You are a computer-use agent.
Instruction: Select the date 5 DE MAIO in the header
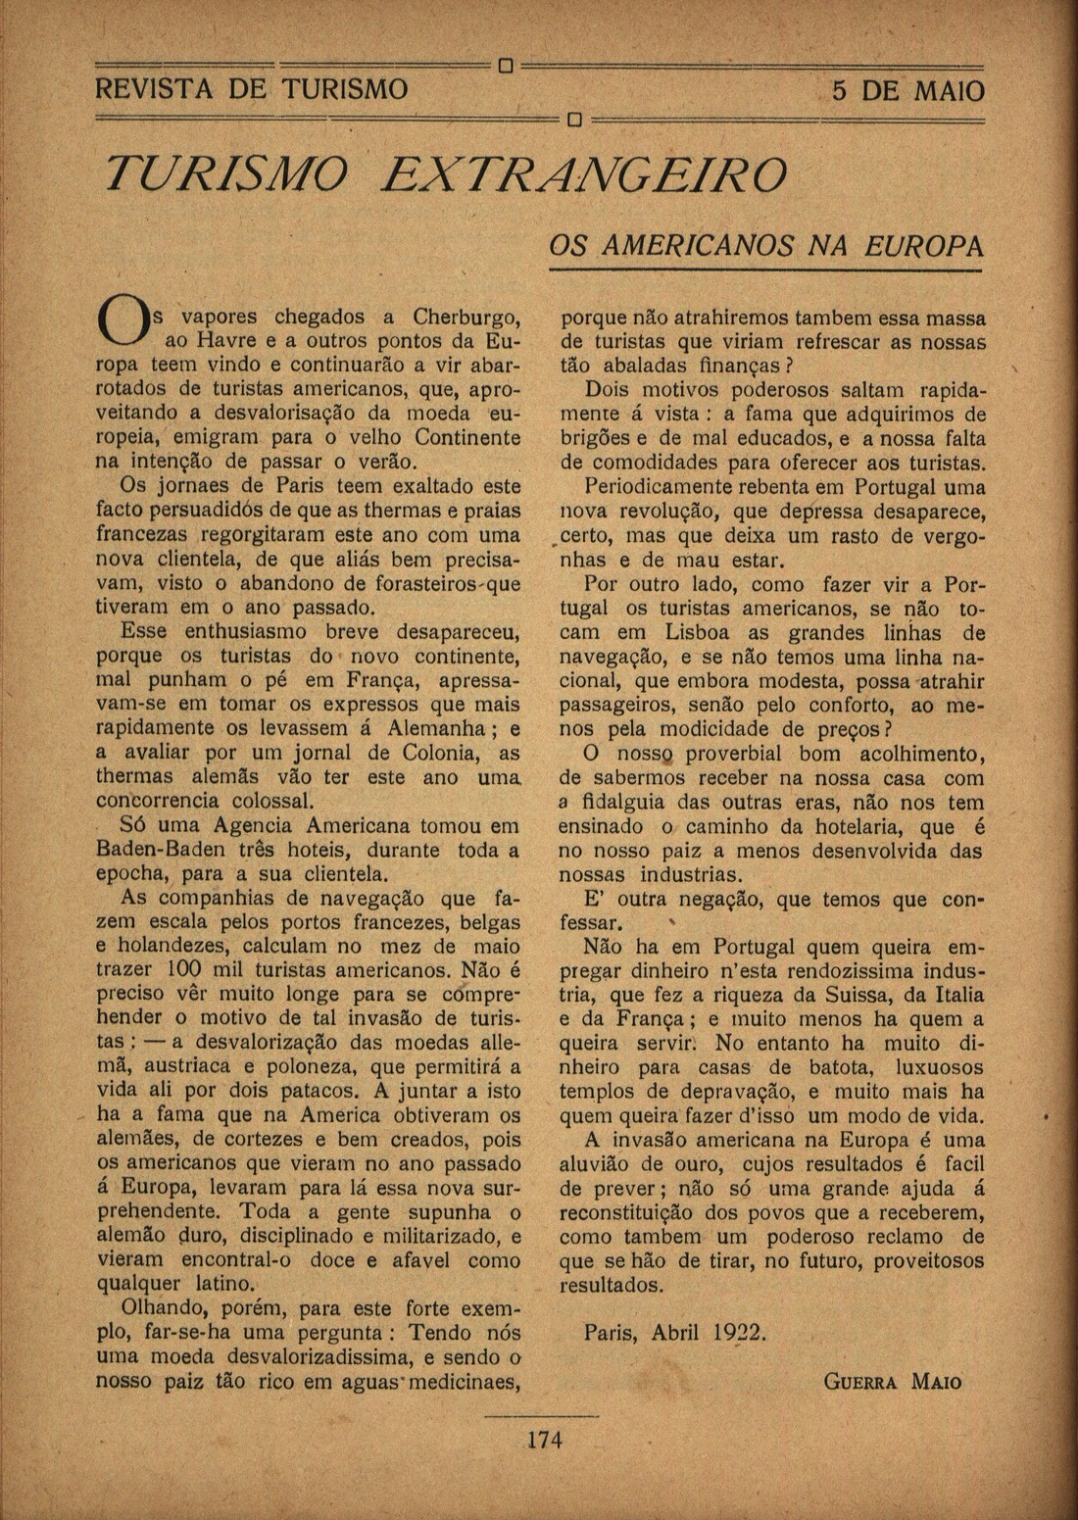(907, 92)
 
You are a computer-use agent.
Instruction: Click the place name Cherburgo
(466, 318)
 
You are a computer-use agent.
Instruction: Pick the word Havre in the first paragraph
(226, 342)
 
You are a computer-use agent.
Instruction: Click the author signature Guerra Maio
(892, 1383)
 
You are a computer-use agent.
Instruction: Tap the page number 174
(545, 1440)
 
